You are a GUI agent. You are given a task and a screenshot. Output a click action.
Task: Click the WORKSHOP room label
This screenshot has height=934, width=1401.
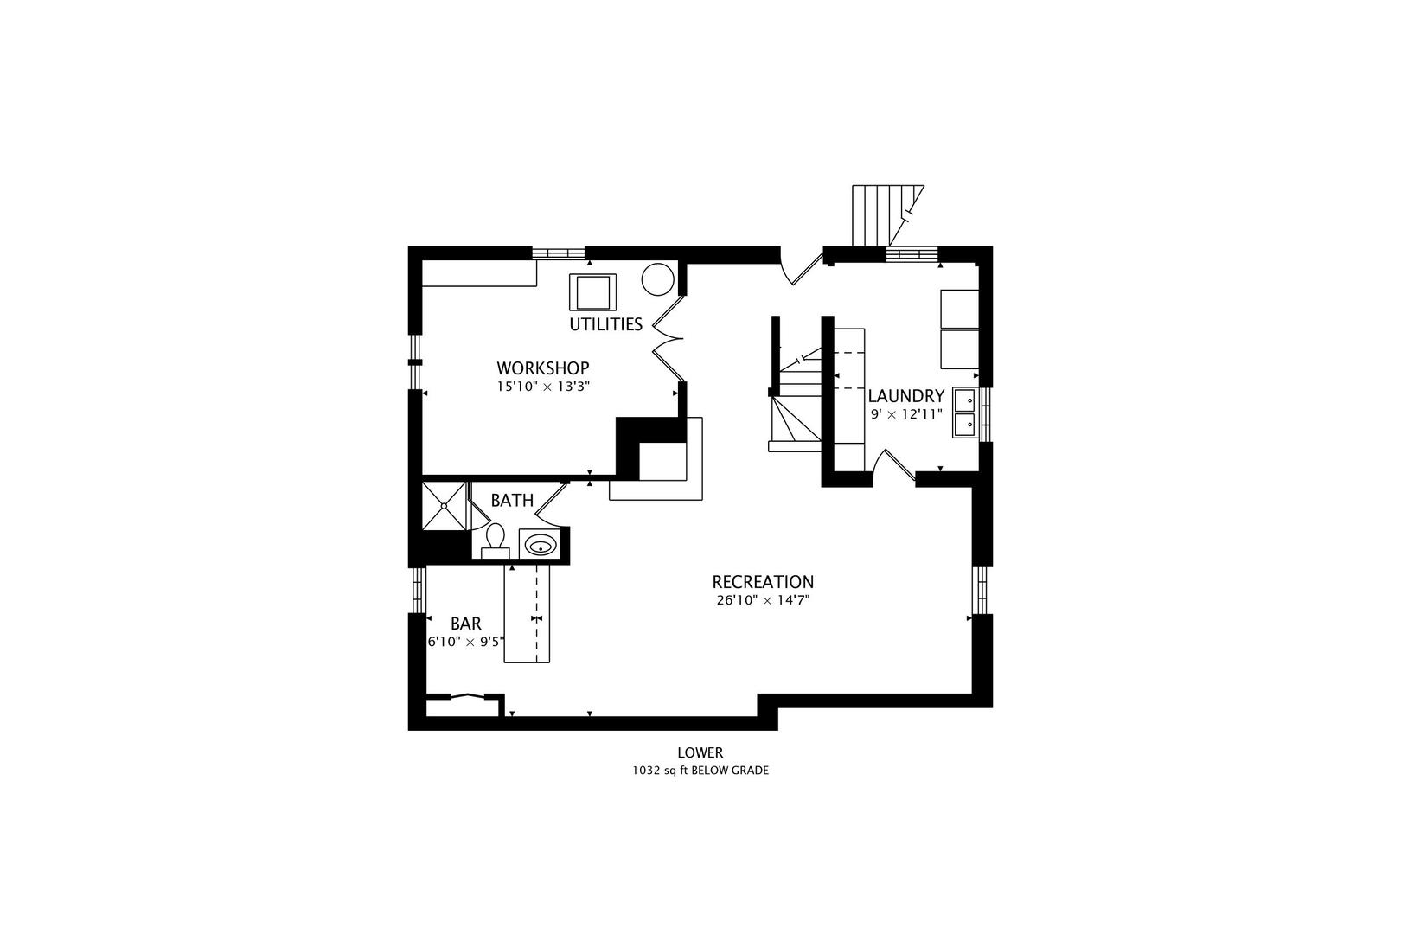[543, 368]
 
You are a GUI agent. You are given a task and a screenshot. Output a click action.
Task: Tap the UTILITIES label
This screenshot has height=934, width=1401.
[605, 324]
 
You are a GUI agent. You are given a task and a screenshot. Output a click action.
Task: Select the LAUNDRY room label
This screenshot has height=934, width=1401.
[905, 396]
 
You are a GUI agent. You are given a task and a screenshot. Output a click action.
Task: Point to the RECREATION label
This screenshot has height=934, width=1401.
[763, 582]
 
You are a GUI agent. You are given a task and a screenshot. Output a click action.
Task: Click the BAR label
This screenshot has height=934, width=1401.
[466, 624]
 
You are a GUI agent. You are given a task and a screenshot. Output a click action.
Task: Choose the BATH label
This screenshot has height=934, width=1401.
[512, 501]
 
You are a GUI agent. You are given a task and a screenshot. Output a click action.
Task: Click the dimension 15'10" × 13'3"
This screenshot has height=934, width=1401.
[543, 387]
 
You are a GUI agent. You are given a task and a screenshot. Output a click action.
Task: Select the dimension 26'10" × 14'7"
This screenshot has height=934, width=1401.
[763, 600]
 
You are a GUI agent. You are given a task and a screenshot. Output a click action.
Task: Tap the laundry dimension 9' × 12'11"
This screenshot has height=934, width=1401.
[906, 414]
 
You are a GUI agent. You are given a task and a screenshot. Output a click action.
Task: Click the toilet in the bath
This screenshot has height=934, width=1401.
[496, 541]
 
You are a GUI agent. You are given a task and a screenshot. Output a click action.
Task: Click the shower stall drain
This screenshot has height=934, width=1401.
[444, 505]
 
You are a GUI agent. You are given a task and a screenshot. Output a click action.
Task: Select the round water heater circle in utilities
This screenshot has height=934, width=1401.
[657, 278]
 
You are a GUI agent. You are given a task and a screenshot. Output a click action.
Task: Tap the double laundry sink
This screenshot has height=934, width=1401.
[965, 413]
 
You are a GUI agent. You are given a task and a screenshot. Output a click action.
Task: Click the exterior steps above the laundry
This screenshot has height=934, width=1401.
[887, 215]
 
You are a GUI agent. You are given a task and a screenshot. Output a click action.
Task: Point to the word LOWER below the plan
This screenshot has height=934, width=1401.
[700, 752]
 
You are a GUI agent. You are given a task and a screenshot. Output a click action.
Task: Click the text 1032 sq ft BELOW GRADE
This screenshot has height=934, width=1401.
[700, 771]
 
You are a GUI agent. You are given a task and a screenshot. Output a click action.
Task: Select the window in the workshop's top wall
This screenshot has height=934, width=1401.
[558, 253]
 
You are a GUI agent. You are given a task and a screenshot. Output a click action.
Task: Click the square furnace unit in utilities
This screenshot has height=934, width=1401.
[592, 292]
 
